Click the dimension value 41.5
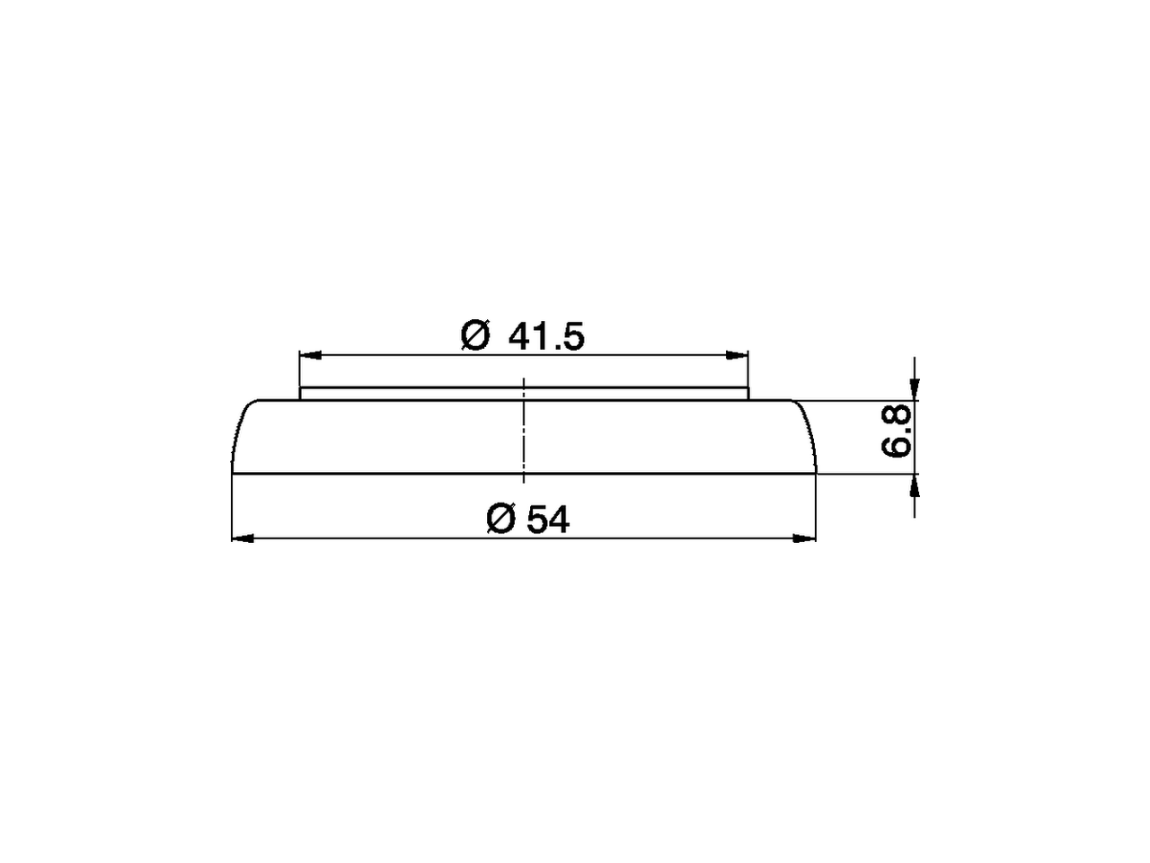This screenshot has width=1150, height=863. click(546, 336)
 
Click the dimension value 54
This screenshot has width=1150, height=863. click(548, 520)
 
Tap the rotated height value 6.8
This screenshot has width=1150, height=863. click(897, 431)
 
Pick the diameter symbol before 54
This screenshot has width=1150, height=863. click(500, 520)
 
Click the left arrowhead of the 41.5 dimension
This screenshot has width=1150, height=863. click(310, 355)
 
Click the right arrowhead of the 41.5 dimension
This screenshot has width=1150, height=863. click(738, 355)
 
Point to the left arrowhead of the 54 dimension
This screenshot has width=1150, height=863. click(243, 538)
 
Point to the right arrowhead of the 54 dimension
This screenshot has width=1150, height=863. click(805, 538)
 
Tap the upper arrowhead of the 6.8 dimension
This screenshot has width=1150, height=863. click(915, 387)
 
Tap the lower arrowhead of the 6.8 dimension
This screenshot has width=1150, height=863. click(915, 485)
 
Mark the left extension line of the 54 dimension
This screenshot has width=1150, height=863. click(232, 508)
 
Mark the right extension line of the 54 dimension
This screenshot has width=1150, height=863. click(817, 508)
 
